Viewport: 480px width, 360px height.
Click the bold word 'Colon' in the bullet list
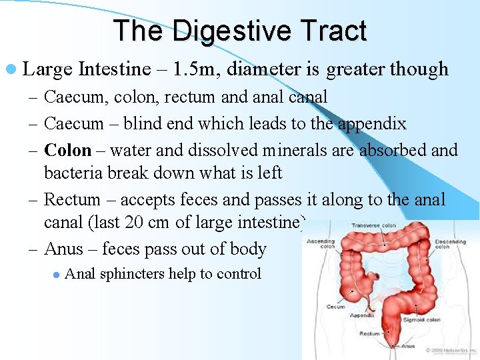click(x=67, y=150)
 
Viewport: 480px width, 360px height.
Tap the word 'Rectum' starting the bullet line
click(x=72, y=199)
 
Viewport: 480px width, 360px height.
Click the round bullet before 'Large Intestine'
click(x=15, y=70)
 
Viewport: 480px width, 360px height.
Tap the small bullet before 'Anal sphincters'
click(x=57, y=274)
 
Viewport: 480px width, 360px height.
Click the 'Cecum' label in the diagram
click(x=335, y=307)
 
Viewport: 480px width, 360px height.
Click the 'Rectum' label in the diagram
click(x=369, y=333)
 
